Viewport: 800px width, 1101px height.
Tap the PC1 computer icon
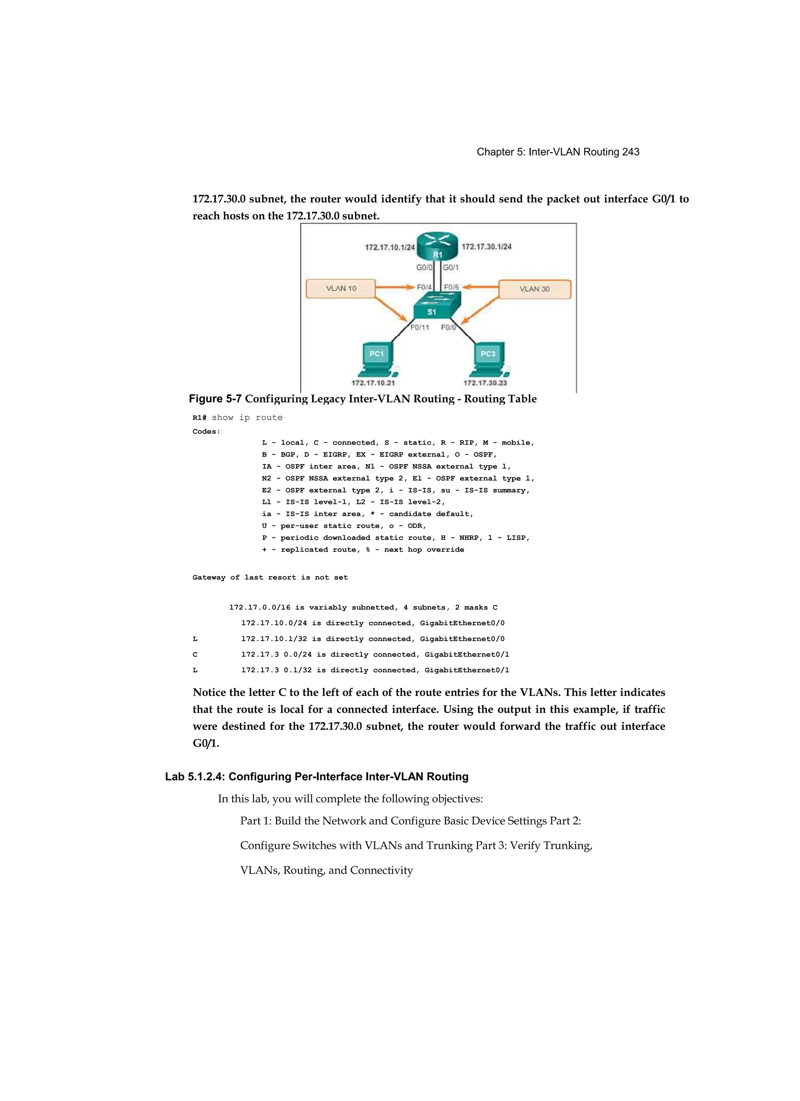click(378, 359)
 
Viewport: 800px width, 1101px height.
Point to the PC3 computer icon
click(489, 359)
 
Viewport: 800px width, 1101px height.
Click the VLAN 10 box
click(341, 288)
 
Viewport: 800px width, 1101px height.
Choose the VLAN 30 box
click(534, 289)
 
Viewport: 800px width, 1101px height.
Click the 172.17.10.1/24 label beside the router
click(390, 247)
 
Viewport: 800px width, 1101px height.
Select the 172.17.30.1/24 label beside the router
click(486, 247)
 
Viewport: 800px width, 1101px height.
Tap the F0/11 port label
click(420, 327)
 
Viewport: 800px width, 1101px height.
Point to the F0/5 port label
click(452, 287)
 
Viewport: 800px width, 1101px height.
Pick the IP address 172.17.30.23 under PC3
click(485, 382)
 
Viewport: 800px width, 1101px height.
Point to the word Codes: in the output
click(206, 432)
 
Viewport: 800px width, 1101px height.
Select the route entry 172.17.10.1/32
click(276, 639)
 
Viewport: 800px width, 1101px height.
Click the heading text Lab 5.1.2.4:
click(195, 776)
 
